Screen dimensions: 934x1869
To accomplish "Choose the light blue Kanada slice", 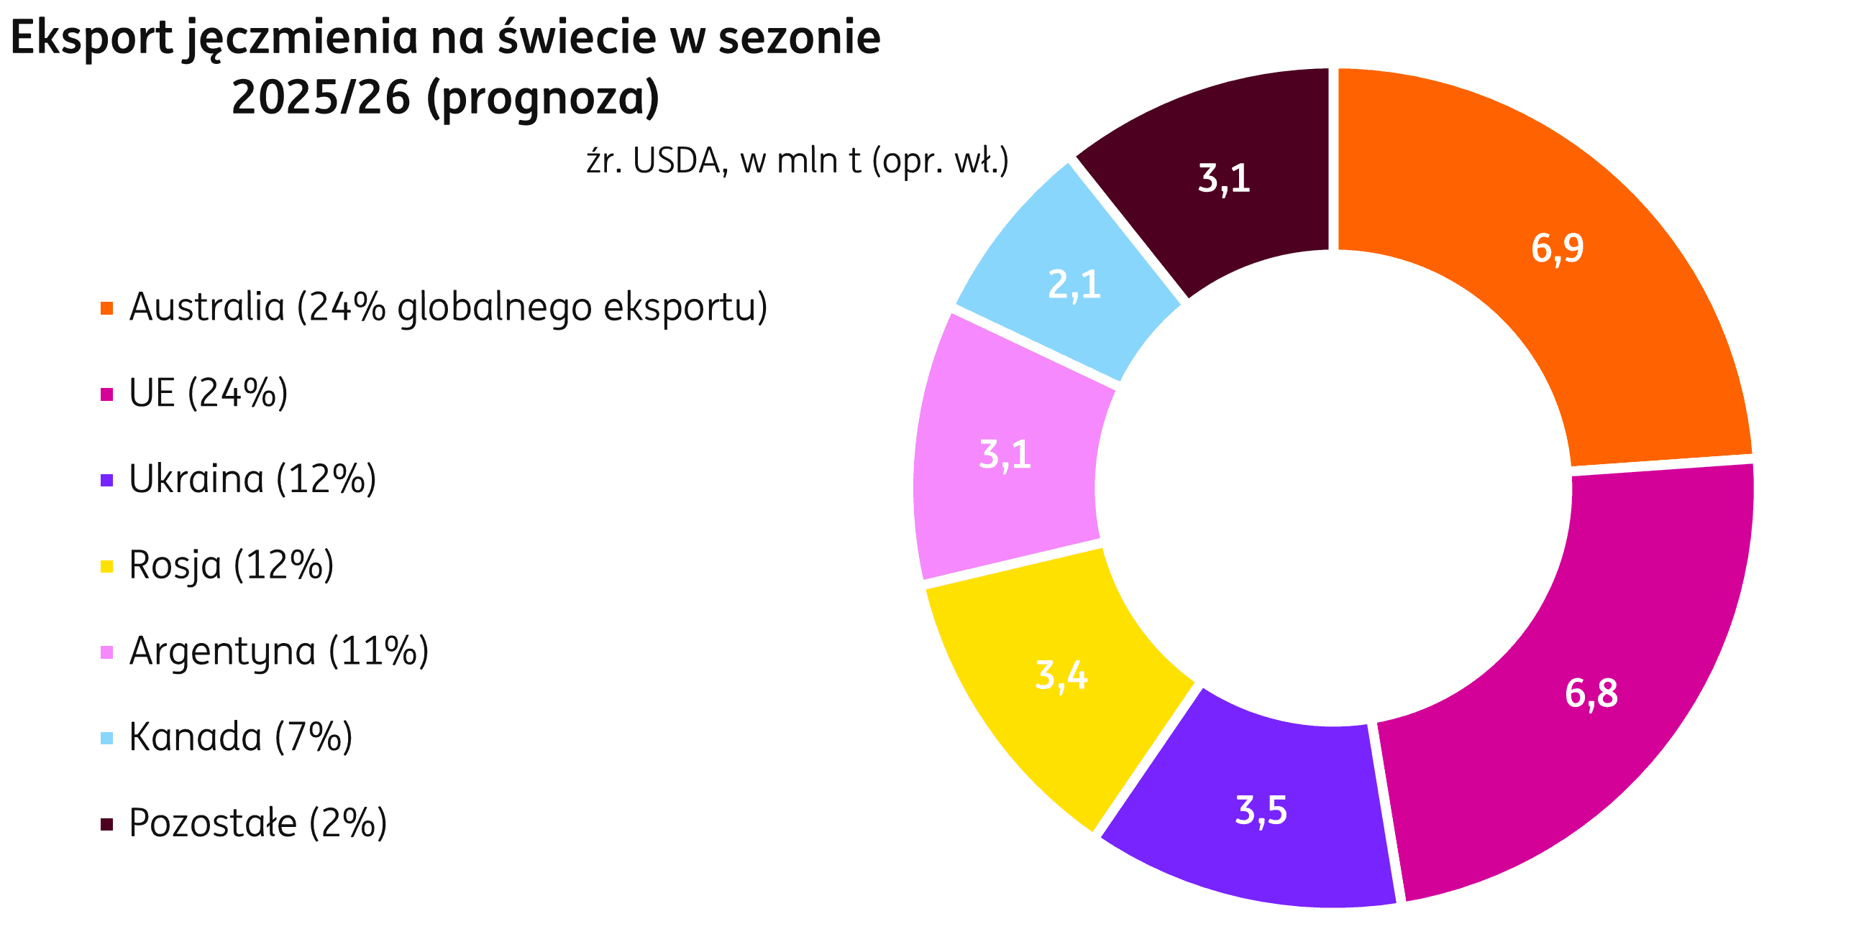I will coord(1074,276).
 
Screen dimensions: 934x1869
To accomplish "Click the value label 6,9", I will coord(1557,248).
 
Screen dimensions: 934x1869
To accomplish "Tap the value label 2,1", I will coord(1074,285).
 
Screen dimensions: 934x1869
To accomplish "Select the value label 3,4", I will coord(1061,675).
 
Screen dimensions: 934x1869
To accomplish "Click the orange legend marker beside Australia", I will coord(106,308).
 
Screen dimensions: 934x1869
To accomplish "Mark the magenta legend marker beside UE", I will coord(106,394).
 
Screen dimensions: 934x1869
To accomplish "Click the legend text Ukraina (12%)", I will coord(252,479).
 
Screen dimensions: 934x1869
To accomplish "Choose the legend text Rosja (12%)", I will coord(232,565).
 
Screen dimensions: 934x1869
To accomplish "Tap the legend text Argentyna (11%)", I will coord(278,651).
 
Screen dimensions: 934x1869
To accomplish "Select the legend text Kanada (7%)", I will coord(241,737).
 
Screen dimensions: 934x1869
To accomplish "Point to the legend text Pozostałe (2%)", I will coord(258,823).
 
